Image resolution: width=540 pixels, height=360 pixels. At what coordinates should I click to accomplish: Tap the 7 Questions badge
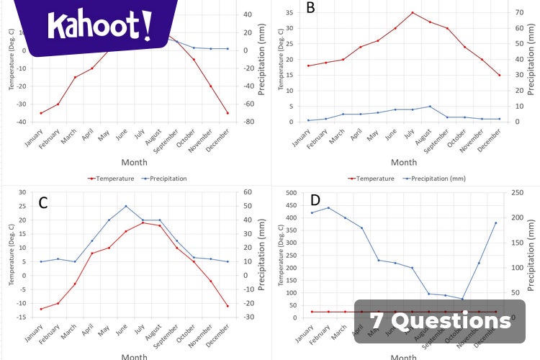[x=440, y=320]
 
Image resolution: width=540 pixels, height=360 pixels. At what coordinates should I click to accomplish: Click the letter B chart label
[x=311, y=8]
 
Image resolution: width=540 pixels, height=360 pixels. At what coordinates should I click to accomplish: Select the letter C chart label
[x=43, y=202]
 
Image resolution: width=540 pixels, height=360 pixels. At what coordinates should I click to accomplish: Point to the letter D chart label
[x=315, y=199]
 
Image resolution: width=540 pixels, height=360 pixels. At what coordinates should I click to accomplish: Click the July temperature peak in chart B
[x=413, y=12]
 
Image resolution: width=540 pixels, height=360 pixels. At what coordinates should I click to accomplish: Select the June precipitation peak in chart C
[x=126, y=206]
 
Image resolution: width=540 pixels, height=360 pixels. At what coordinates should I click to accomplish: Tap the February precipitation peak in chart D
[x=328, y=207]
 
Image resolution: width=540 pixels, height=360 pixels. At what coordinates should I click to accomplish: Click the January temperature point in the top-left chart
[x=41, y=113]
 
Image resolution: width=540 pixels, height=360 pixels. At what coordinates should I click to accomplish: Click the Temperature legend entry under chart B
[x=372, y=179]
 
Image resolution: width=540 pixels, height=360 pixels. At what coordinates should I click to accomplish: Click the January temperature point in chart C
[x=41, y=309]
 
